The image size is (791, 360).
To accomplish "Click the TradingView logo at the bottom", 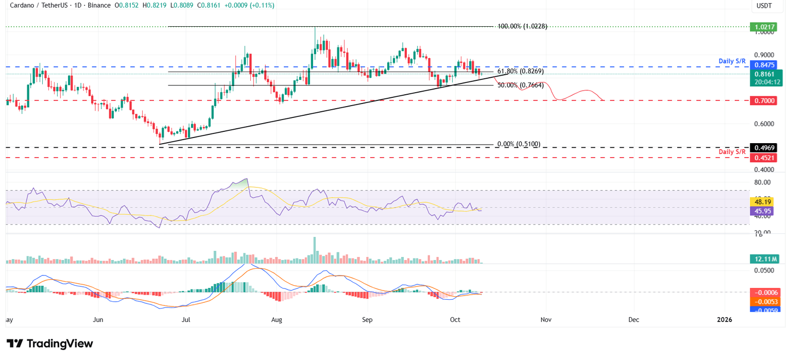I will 50,344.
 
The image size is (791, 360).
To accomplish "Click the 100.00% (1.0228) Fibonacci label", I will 522,26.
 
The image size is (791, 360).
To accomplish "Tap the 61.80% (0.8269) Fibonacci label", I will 520,72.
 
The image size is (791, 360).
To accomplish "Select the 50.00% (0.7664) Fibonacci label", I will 520,85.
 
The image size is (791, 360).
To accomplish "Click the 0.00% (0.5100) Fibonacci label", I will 519,144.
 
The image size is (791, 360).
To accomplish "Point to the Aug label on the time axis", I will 277,320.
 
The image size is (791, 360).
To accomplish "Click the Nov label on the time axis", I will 546,320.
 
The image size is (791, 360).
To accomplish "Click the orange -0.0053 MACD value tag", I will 766,301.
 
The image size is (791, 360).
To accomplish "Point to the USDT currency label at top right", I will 764,6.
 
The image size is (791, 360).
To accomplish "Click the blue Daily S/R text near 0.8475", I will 732,61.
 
